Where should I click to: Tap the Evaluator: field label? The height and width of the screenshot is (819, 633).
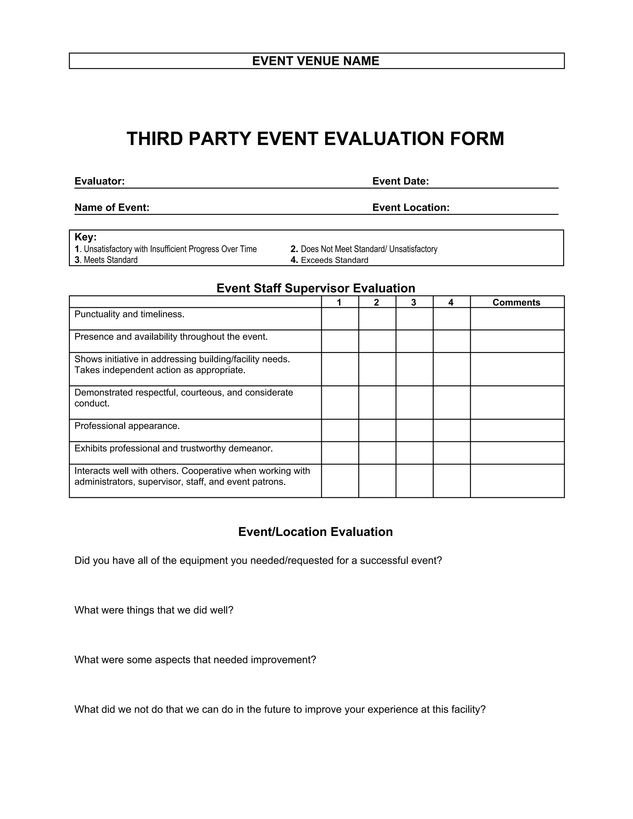pyautogui.click(x=100, y=181)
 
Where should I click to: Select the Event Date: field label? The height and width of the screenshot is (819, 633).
pyautogui.click(x=400, y=181)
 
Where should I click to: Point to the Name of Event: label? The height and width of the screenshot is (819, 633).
pyautogui.click(x=112, y=207)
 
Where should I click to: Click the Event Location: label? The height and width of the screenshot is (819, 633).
pyautogui.click(x=411, y=207)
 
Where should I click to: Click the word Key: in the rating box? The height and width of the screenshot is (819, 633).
pyautogui.click(x=86, y=237)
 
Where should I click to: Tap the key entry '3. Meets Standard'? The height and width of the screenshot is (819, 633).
pyautogui.click(x=106, y=260)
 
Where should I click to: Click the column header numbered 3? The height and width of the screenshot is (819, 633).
pyautogui.click(x=414, y=302)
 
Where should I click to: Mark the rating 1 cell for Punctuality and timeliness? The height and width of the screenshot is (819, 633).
pyautogui.click(x=340, y=319)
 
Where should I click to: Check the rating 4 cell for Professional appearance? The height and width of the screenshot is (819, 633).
pyautogui.click(x=452, y=430)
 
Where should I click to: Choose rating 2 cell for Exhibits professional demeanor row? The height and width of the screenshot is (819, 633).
pyautogui.click(x=377, y=453)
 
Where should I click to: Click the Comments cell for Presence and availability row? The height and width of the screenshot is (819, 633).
pyautogui.click(x=517, y=341)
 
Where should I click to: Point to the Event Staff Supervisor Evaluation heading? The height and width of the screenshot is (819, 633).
pyautogui.click(x=316, y=288)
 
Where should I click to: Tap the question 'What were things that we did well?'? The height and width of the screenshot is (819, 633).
pyautogui.click(x=154, y=610)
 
